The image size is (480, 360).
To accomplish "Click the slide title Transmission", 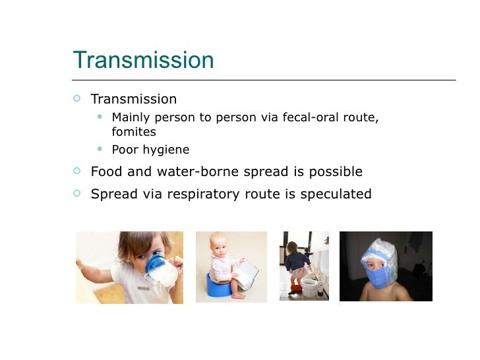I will pyautogui.click(x=143, y=60).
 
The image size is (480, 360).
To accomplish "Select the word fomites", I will pyautogui.click(x=134, y=132).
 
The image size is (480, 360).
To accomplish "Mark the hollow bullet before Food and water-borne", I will pyautogui.click(x=77, y=171).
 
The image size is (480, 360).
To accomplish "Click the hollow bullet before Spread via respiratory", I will pyautogui.click(x=77, y=194).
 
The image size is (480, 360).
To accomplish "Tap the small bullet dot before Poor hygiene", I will pyautogui.click(x=100, y=149).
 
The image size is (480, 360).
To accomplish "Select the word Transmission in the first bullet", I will pyautogui.click(x=134, y=100).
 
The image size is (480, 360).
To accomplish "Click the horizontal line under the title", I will pyautogui.click(x=264, y=80).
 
